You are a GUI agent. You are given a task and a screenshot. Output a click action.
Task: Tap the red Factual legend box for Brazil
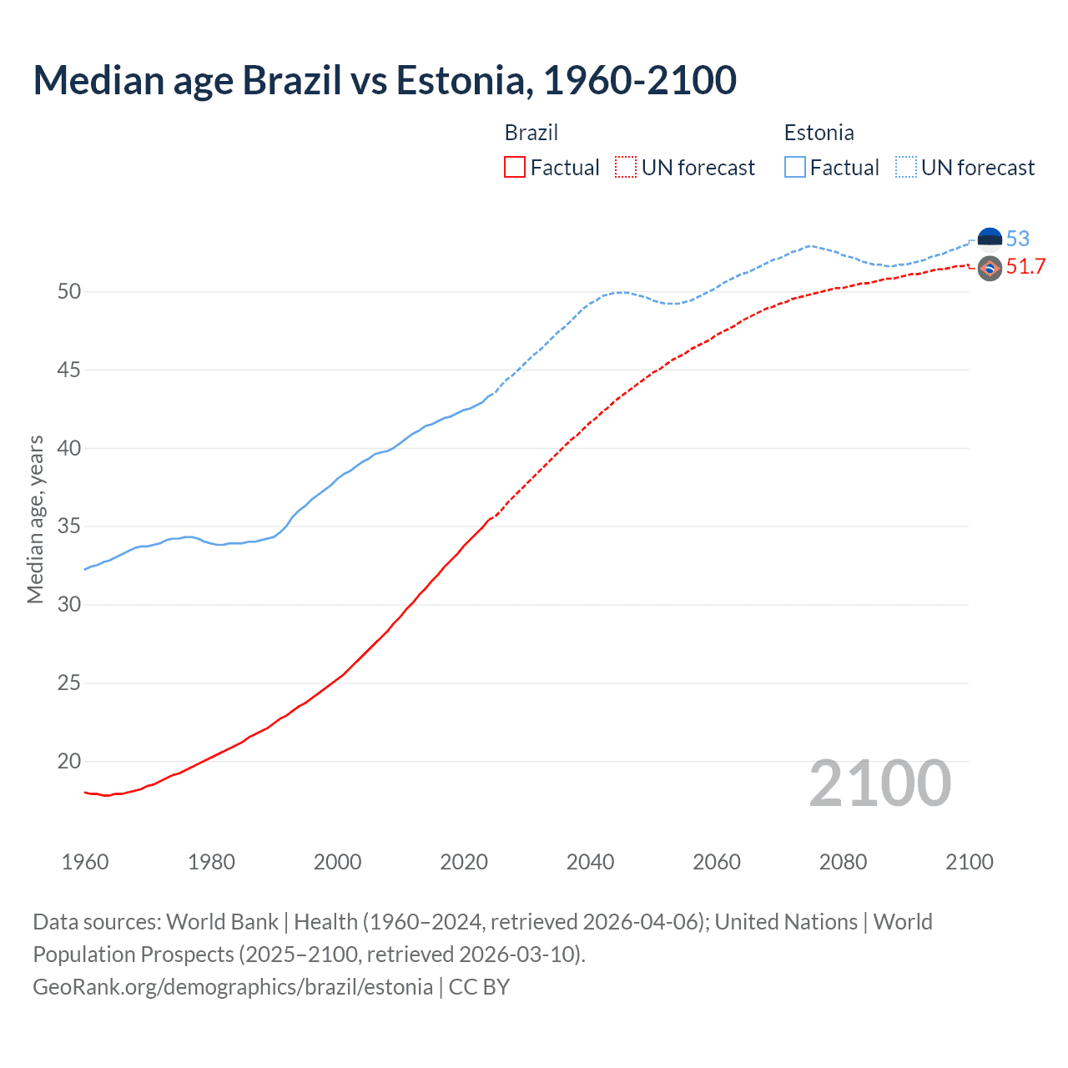(x=515, y=168)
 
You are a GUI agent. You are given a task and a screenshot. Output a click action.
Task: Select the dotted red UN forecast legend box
(x=626, y=168)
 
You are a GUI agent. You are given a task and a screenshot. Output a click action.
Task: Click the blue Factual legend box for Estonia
(x=795, y=168)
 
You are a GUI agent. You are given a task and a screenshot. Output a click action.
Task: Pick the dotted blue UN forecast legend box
(x=906, y=168)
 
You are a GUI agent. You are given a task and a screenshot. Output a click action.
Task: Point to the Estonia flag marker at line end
(x=990, y=239)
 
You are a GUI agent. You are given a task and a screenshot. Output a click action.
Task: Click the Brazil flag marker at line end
(x=990, y=268)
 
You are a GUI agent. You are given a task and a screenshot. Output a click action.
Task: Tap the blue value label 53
(x=1018, y=239)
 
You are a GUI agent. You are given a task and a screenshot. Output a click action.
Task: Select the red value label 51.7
(x=1025, y=267)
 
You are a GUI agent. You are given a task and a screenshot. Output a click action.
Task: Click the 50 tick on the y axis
(x=69, y=291)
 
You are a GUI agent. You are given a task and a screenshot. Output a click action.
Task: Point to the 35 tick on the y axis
(x=69, y=526)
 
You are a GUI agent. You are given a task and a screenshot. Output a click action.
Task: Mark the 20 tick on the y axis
(x=69, y=761)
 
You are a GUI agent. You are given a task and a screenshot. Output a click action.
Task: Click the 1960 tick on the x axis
(x=85, y=862)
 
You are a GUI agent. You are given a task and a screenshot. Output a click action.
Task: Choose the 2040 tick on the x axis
(x=591, y=862)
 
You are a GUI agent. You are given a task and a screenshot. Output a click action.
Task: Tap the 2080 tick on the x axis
(x=843, y=862)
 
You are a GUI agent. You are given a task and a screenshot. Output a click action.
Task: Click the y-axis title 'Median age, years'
(x=35, y=519)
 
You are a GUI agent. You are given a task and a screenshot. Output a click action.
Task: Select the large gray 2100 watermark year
(x=880, y=783)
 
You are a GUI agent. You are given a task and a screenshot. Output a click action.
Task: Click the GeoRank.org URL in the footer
(x=233, y=987)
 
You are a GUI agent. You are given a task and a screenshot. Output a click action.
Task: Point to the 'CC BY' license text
(x=479, y=987)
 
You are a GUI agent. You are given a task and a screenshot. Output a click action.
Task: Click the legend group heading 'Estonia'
(x=819, y=133)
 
